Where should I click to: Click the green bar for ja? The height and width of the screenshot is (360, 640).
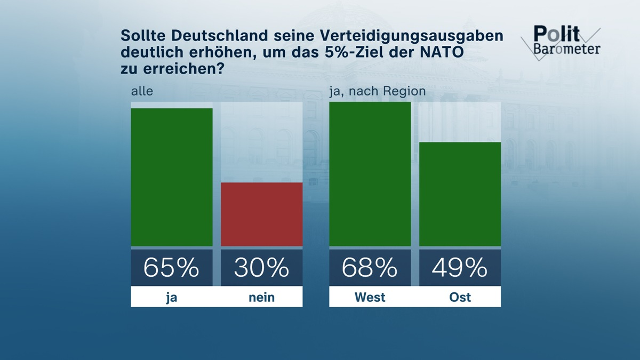[x=172, y=177]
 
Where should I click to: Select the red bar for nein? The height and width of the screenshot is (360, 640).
[x=261, y=214]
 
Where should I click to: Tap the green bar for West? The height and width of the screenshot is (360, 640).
[x=370, y=174]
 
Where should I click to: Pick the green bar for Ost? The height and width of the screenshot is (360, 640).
[x=460, y=194]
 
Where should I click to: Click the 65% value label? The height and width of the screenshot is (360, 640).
[x=172, y=268]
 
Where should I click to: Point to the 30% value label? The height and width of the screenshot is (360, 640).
[x=261, y=268]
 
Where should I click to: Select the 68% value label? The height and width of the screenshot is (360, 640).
[x=370, y=268]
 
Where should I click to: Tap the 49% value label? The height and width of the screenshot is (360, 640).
[x=460, y=268]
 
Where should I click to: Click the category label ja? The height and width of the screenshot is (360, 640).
[x=172, y=297]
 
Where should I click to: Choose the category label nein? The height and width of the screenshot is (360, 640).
[x=261, y=297]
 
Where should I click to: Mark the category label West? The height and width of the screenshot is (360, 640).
[x=370, y=297]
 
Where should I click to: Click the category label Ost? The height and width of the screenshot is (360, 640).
[x=460, y=297]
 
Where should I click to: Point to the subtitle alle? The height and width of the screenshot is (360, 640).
[x=142, y=91]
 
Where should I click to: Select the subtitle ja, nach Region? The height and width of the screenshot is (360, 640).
[x=377, y=91]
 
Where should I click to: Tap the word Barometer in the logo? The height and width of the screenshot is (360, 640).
[x=566, y=49]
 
